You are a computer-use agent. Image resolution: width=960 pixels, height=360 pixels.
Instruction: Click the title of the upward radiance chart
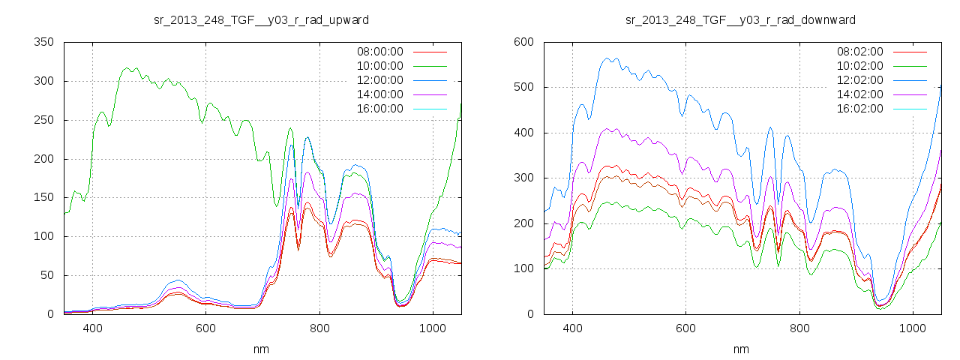tap(260, 19)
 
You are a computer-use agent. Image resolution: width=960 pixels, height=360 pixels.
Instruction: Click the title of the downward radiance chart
tap(740, 19)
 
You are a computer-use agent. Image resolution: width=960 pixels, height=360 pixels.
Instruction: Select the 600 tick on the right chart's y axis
tap(523, 42)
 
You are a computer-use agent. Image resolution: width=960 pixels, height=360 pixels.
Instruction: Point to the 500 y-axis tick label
tap(523, 87)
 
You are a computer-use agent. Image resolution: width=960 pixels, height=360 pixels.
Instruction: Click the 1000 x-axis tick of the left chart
tap(433, 328)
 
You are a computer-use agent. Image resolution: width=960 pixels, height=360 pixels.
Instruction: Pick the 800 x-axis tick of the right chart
tap(799, 328)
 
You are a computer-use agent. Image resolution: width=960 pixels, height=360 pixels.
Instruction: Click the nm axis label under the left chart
tap(262, 349)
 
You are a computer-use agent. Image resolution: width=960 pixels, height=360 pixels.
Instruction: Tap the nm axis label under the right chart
tap(742, 349)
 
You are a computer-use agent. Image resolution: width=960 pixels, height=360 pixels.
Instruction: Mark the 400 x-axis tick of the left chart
tap(93, 328)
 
